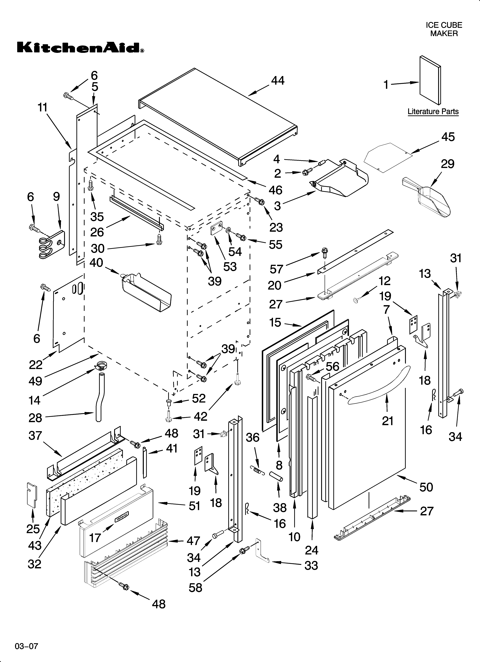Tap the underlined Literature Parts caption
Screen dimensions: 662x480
[x=433, y=112]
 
